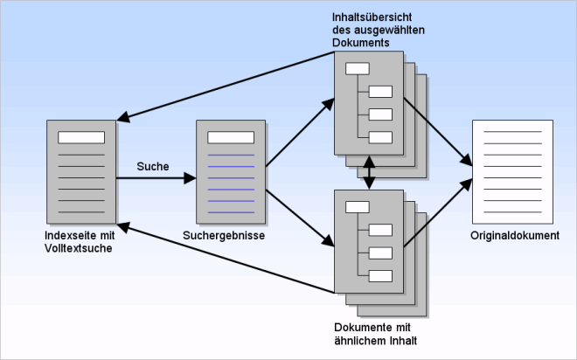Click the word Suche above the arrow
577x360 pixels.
click(x=153, y=165)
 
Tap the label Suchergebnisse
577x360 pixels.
click(x=225, y=236)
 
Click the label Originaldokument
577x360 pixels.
click(x=514, y=236)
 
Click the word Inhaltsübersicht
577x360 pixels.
click(x=366, y=17)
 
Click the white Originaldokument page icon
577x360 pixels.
click(x=512, y=171)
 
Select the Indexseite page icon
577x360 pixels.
click(x=81, y=171)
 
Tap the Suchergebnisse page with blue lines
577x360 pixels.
click(x=231, y=171)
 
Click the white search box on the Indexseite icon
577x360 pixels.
click(x=81, y=137)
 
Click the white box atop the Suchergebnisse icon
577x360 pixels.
click(x=231, y=137)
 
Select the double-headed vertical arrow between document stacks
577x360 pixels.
click(x=371, y=172)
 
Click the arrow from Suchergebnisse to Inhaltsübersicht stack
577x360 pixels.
click(x=298, y=132)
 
